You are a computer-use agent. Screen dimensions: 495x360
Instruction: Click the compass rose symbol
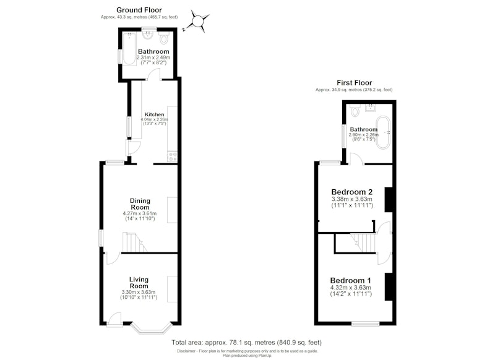point(197,22)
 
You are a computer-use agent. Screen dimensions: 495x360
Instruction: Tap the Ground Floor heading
point(139,10)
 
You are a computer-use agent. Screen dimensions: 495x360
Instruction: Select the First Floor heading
point(354,83)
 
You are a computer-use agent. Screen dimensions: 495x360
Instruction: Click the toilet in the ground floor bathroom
point(164,38)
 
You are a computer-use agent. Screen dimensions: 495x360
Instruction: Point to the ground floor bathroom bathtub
point(129,48)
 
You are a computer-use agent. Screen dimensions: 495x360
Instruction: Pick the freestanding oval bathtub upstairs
point(384,132)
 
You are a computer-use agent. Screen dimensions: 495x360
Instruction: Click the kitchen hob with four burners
point(173,157)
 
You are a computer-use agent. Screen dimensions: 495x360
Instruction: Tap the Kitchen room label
point(154,114)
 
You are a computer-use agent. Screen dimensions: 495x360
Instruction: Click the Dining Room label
point(140,204)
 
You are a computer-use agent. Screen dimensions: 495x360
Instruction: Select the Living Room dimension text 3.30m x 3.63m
point(139,292)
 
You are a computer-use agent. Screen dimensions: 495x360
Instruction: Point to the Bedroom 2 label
point(352,192)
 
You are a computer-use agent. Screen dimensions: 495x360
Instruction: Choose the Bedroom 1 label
point(350,280)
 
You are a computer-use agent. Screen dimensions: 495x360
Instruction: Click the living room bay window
point(152,328)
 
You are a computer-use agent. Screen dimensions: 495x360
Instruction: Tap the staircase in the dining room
point(134,242)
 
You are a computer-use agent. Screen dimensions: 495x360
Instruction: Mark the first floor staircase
point(363,242)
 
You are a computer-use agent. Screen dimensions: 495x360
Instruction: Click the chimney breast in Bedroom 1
point(389,287)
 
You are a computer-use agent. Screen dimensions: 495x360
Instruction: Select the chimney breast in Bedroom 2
point(389,200)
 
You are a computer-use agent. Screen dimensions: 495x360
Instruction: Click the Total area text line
point(246,342)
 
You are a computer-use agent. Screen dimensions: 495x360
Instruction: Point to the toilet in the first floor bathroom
point(355,110)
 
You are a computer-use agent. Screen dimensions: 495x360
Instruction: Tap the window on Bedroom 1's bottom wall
point(366,324)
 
